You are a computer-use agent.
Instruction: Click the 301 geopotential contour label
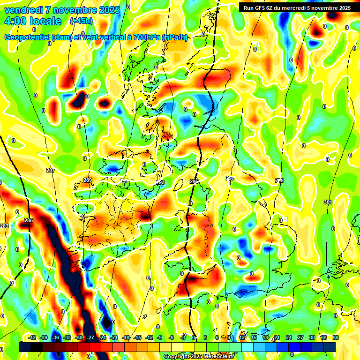[x=328, y=202]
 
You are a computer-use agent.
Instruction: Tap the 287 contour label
[x=50, y=170]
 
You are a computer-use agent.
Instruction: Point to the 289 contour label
[x=88, y=180]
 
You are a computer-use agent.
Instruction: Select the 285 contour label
[x=29, y=220]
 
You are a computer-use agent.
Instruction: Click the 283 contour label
[x=4, y=226]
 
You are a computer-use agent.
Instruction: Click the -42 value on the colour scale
[x=32, y=337]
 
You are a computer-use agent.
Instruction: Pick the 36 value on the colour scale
[x=336, y=337]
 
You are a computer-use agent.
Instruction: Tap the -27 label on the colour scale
[x=90, y=337]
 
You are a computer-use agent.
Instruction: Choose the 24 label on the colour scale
[x=288, y=337]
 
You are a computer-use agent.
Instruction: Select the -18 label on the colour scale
[x=126, y=337]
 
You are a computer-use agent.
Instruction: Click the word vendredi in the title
[x=25, y=10]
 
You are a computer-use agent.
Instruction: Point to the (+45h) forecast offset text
[x=81, y=21]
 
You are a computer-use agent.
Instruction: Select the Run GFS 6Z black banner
[x=297, y=7]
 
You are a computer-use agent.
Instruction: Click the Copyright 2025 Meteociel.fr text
[x=205, y=356]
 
